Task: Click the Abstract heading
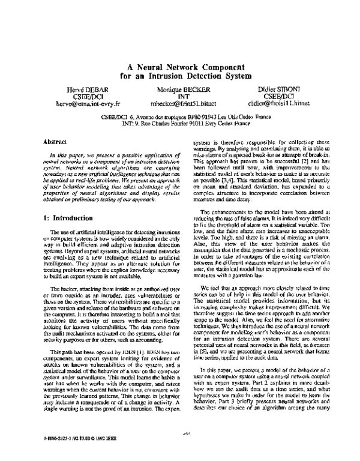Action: (x=55, y=142)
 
